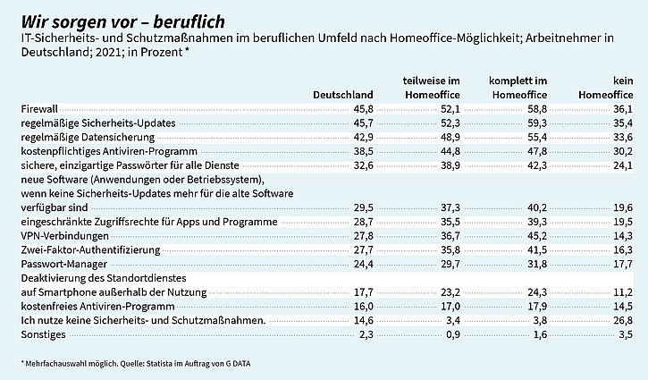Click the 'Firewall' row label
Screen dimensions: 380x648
pyautogui.click(x=38, y=108)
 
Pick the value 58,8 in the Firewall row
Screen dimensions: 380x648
pyautogui.click(x=535, y=108)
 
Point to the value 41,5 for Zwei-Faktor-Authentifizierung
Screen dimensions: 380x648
pyautogui.click(x=535, y=249)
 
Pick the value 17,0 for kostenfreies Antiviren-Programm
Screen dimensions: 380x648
pyautogui.click(x=449, y=306)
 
